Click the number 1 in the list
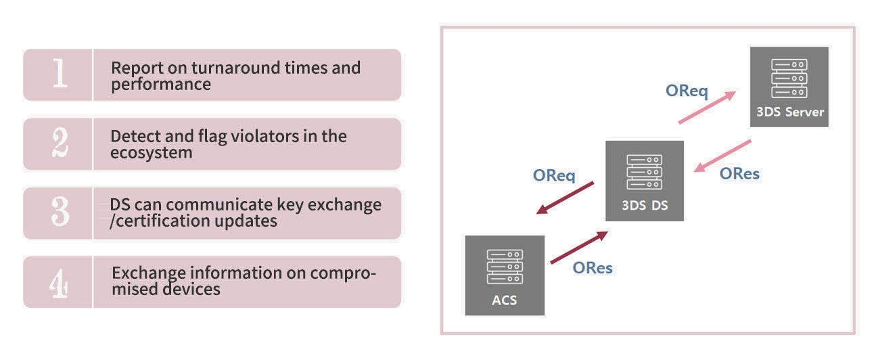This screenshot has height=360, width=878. (60, 73)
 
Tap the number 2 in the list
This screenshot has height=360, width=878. (60, 142)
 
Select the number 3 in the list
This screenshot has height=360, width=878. (60, 211)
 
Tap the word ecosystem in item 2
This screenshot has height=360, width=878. (152, 153)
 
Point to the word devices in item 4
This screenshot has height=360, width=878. (191, 289)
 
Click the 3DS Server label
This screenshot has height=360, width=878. (790, 112)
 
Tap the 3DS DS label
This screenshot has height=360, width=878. (645, 206)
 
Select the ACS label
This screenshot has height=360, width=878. (505, 300)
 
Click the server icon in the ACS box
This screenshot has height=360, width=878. (505, 267)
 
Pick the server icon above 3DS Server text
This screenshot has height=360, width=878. (789, 78)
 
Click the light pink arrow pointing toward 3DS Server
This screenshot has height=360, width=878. (707, 108)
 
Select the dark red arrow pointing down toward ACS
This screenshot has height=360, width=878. (565, 198)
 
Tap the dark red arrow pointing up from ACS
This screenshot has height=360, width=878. (579, 248)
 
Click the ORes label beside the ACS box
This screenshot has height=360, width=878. (593, 268)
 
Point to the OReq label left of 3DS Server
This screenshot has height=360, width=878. (687, 91)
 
